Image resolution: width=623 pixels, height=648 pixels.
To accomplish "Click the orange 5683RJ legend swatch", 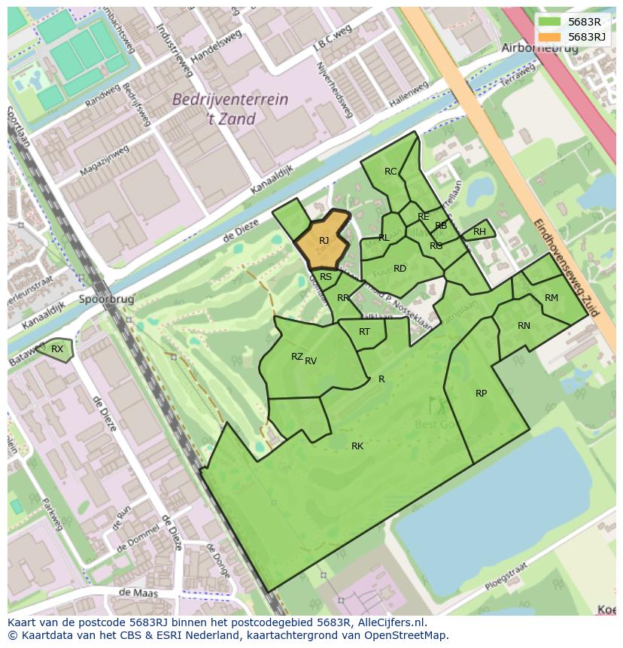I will pos(550,36).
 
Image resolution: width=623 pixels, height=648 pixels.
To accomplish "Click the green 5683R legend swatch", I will pos(550,21).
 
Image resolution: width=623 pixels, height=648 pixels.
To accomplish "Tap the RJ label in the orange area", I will pos(324,241).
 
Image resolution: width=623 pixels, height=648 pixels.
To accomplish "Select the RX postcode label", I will pos(57,348).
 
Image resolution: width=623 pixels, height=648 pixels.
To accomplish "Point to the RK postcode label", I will pos(357,446).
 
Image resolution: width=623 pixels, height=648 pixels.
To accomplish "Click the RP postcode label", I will pos(481,394).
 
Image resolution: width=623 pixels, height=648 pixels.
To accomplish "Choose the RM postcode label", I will pos(552,298).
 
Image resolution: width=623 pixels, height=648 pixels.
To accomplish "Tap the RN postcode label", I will pos(524,326).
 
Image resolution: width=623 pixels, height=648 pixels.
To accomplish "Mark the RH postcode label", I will pos(479,232).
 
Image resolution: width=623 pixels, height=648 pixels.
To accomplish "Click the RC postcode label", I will pos(391,172).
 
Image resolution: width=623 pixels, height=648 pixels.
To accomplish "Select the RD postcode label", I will pos(400,269).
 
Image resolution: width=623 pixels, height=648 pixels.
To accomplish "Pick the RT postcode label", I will pos(364,332).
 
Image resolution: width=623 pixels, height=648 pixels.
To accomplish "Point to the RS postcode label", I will pos(326,277).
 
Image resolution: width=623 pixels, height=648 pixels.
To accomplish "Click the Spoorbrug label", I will pos(105,299).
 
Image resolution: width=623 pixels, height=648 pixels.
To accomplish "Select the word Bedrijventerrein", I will pos(229,99).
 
